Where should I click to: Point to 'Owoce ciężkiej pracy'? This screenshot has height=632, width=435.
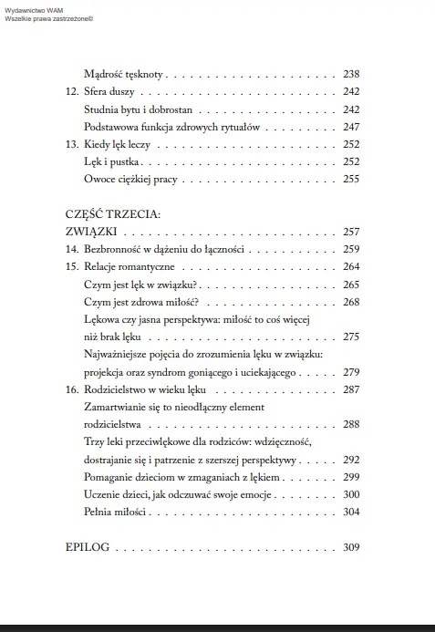pyautogui.click(x=131, y=179)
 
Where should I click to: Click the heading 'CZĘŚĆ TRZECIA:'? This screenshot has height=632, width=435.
pyautogui.click(x=113, y=214)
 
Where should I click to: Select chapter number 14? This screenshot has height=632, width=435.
pyautogui.click(x=73, y=249)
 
